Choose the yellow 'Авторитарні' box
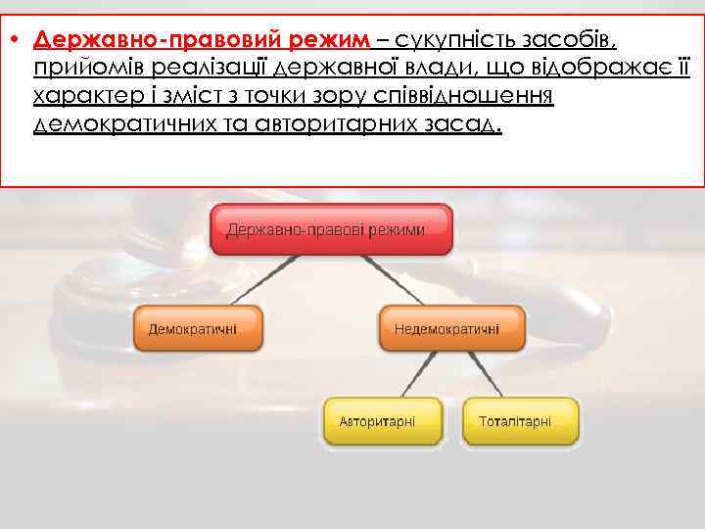point(377,421)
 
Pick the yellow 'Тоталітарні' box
point(515,421)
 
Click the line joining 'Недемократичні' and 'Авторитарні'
point(416,375)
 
